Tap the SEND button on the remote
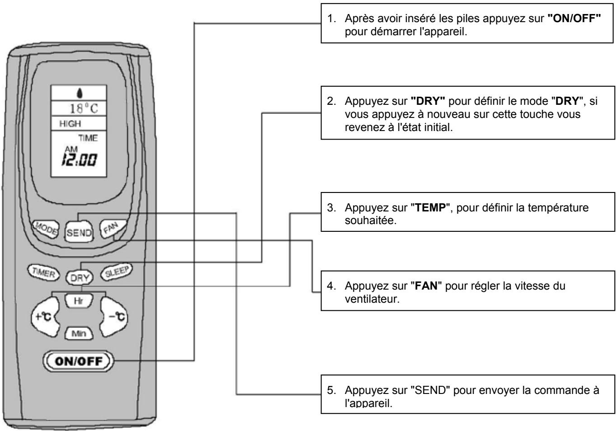tap(79, 232)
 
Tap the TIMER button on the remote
tap(43, 272)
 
